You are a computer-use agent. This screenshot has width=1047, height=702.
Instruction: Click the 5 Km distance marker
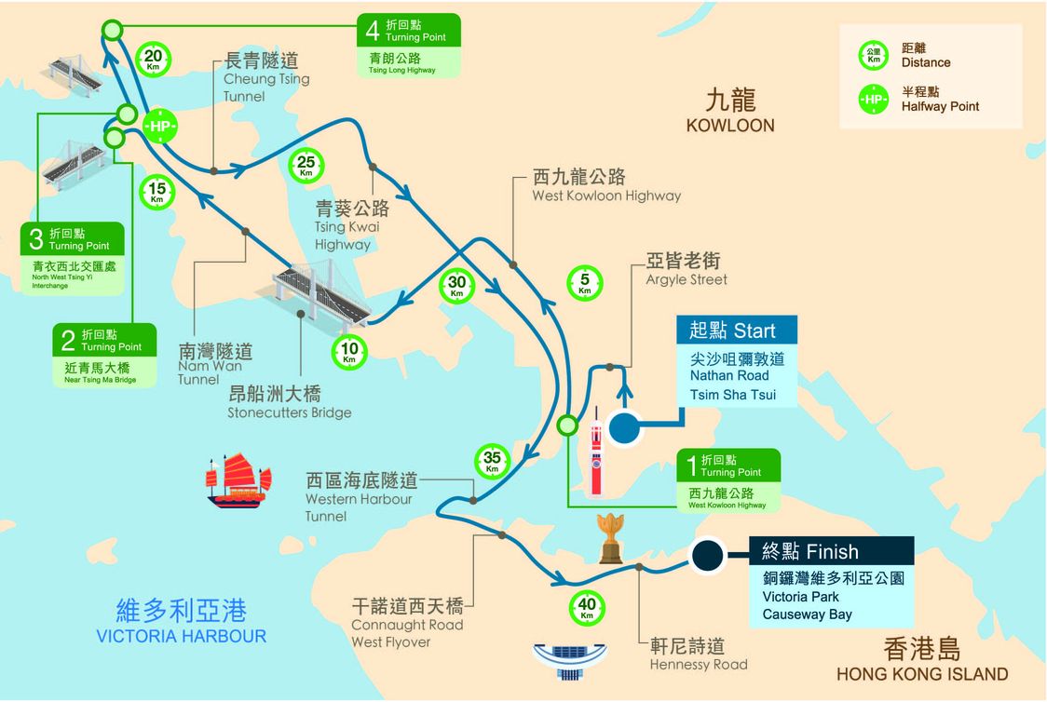[584, 282]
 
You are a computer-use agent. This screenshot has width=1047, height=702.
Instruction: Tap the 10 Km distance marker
[349, 352]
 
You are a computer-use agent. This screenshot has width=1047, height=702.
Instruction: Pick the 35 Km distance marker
[492, 460]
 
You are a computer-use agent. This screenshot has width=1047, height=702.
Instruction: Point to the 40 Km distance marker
[586, 608]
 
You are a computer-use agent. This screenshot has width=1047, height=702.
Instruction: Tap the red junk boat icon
[238, 479]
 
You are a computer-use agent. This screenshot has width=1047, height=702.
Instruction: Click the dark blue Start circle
[624, 427]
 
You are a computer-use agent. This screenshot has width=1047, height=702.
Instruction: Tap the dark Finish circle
[706, 556]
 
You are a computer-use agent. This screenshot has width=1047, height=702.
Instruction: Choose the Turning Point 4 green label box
[409, 46]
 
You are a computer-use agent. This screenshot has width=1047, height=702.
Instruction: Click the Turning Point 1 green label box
[728, 479]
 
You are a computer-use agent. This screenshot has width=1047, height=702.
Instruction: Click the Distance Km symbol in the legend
[874, 55]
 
